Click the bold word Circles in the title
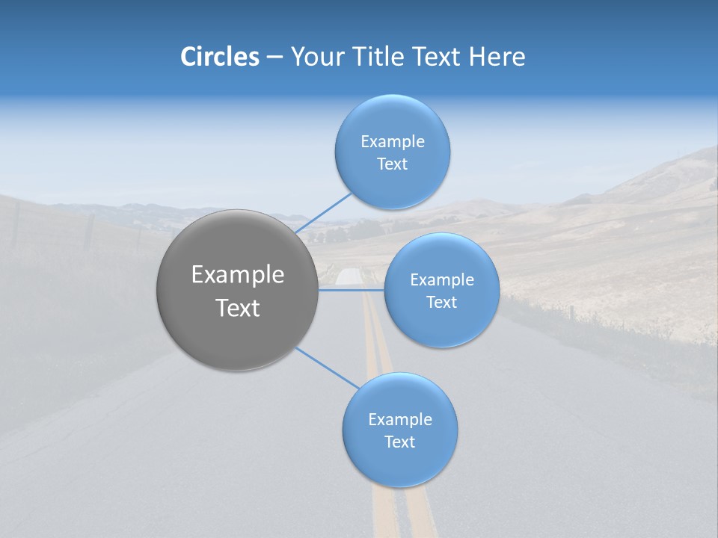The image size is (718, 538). coord(220,57)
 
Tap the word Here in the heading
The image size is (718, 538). coord(497,57)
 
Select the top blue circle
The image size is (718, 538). coord(393,187)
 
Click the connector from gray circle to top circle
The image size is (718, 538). coord(323,212)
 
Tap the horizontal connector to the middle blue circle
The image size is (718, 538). coord(352,290)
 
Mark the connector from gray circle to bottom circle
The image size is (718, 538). coord(327,368)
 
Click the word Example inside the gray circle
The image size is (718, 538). coord(238,275)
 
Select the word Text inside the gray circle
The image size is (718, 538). coord(238,308)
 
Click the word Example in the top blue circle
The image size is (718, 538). coord(393,142)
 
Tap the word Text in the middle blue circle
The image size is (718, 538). coord(441,303)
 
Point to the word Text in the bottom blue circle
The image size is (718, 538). coord(400,442)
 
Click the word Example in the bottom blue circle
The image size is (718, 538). coord(400,420)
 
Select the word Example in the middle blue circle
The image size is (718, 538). coord(441,280)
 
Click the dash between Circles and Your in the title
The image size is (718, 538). coord(274,57)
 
